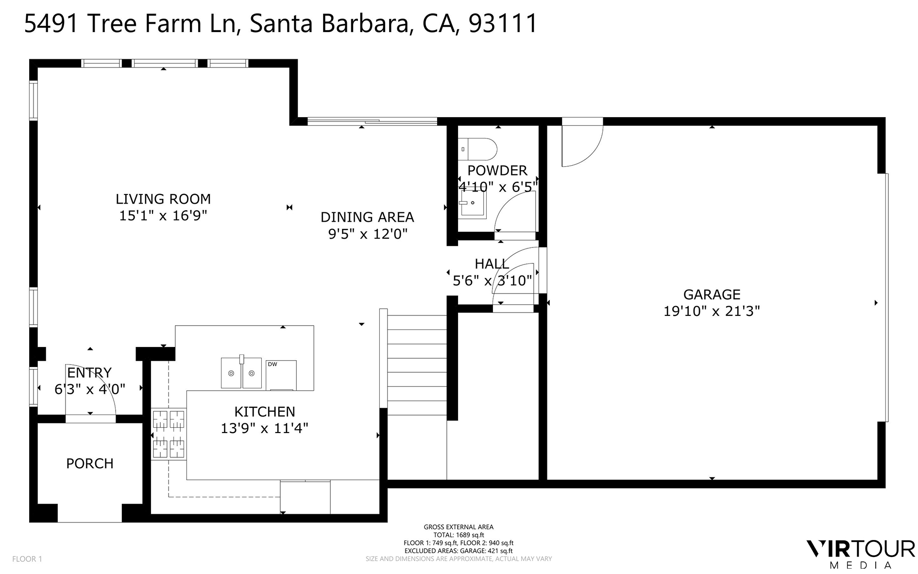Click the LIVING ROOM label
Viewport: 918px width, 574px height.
click(163, 199)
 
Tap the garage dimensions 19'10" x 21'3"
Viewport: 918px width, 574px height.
click(712, 311)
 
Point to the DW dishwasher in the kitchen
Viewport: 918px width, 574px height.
click(281, 375)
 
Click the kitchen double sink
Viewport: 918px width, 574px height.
click(241, 373)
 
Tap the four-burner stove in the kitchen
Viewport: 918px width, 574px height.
click(169, 434)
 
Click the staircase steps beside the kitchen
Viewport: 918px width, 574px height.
click(417, 365)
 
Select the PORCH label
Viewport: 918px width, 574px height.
click(90, 464)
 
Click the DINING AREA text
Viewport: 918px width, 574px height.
click(367, 217)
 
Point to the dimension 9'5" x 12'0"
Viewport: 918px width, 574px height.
click(368, 234)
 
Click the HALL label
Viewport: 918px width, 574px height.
click(492, 264)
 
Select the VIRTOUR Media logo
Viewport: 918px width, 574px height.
click(860, 554)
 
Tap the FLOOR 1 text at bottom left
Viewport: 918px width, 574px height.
click(27, 559)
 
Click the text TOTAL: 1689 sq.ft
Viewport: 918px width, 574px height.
click(459, 535)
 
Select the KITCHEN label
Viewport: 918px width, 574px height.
click(265, 412)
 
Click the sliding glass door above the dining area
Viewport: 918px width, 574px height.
click(373, 121)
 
